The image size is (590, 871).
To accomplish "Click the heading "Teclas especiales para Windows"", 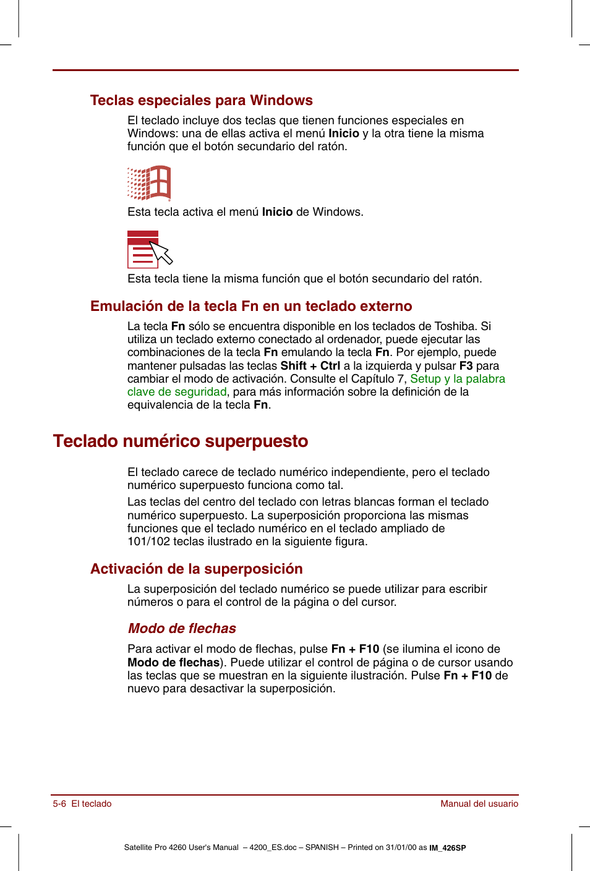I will point(201,100).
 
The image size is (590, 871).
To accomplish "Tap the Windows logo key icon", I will point(149,183).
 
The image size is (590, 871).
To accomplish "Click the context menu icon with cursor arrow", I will point(149,249).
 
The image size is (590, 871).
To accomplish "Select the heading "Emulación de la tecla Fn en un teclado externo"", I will point(251,306).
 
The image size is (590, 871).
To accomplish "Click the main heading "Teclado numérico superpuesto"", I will point(181,441).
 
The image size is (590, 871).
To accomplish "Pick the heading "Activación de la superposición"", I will point(197,569).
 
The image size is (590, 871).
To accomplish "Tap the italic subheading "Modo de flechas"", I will point(182,628).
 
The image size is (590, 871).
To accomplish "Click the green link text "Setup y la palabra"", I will point(458,379).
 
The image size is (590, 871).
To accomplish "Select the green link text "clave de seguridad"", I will point(177,392).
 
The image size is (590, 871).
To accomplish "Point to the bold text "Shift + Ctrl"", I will point(310,366).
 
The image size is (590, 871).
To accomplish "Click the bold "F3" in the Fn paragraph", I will point(466,366).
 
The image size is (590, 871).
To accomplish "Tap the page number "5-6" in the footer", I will point(59,804).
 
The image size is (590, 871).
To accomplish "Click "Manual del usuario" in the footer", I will point(479,804).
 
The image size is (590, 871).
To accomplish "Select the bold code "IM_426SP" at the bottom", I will point(448,848).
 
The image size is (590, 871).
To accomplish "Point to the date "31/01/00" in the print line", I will point(401,848).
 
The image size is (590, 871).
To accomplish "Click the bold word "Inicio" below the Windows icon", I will point(277,212).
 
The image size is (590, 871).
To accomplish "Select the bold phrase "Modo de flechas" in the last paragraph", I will point(173,663).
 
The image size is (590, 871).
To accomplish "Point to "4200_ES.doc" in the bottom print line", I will point(273,848).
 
